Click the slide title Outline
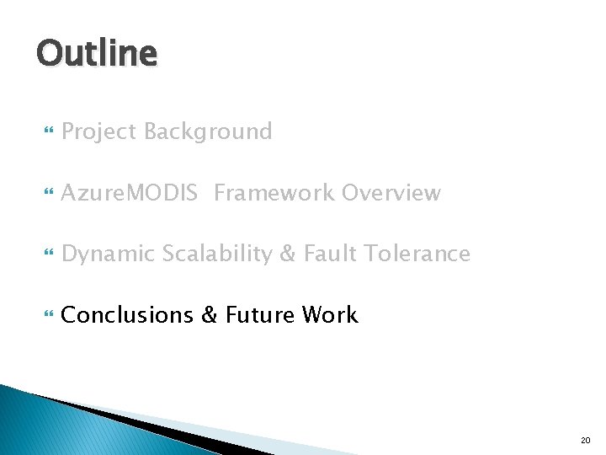tap(97, 54)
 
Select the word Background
tap(208, 131)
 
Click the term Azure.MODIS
tap(130, 193)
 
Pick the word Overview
tap(391, 193)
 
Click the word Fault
tap(324, 254)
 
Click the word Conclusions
tap(127, 315)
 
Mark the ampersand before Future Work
tap(210, 315)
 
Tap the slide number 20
tap(585, 440)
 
